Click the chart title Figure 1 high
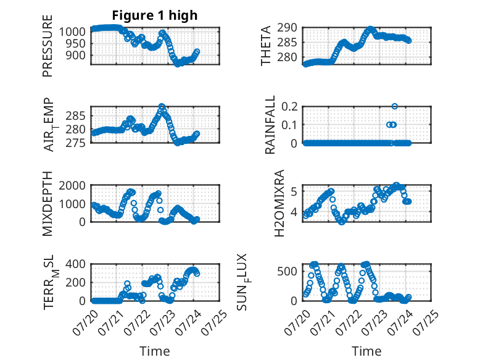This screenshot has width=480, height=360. [x=155, y=15]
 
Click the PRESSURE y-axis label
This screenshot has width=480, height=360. [x=48, y=46]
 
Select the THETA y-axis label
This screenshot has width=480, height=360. [x=266, y=46]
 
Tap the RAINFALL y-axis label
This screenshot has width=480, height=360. [x=270, y=125]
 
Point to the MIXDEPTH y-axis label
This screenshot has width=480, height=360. [x=48, y=204]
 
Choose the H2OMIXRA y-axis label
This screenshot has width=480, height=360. [x=279, y=203]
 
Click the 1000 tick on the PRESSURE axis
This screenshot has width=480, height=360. [x=72, y=31]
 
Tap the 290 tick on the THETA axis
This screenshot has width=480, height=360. [x=287, y=28]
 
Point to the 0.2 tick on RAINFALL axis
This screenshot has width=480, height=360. [x=289, y=107]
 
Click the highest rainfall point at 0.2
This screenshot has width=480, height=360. [x=395, y=106]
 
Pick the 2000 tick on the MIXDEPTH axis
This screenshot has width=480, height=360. [x=72, y=185]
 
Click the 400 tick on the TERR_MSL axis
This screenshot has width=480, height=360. [x=76, y=264]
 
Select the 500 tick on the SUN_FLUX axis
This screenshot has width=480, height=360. [x=287, y=272]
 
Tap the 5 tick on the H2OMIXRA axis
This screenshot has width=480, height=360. [x=294, y=192]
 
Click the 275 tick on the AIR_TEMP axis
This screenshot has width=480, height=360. [x=76, y=143]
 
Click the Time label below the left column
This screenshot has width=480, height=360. [x=155, y=351]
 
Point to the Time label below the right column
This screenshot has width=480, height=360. [x=366, y=351]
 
